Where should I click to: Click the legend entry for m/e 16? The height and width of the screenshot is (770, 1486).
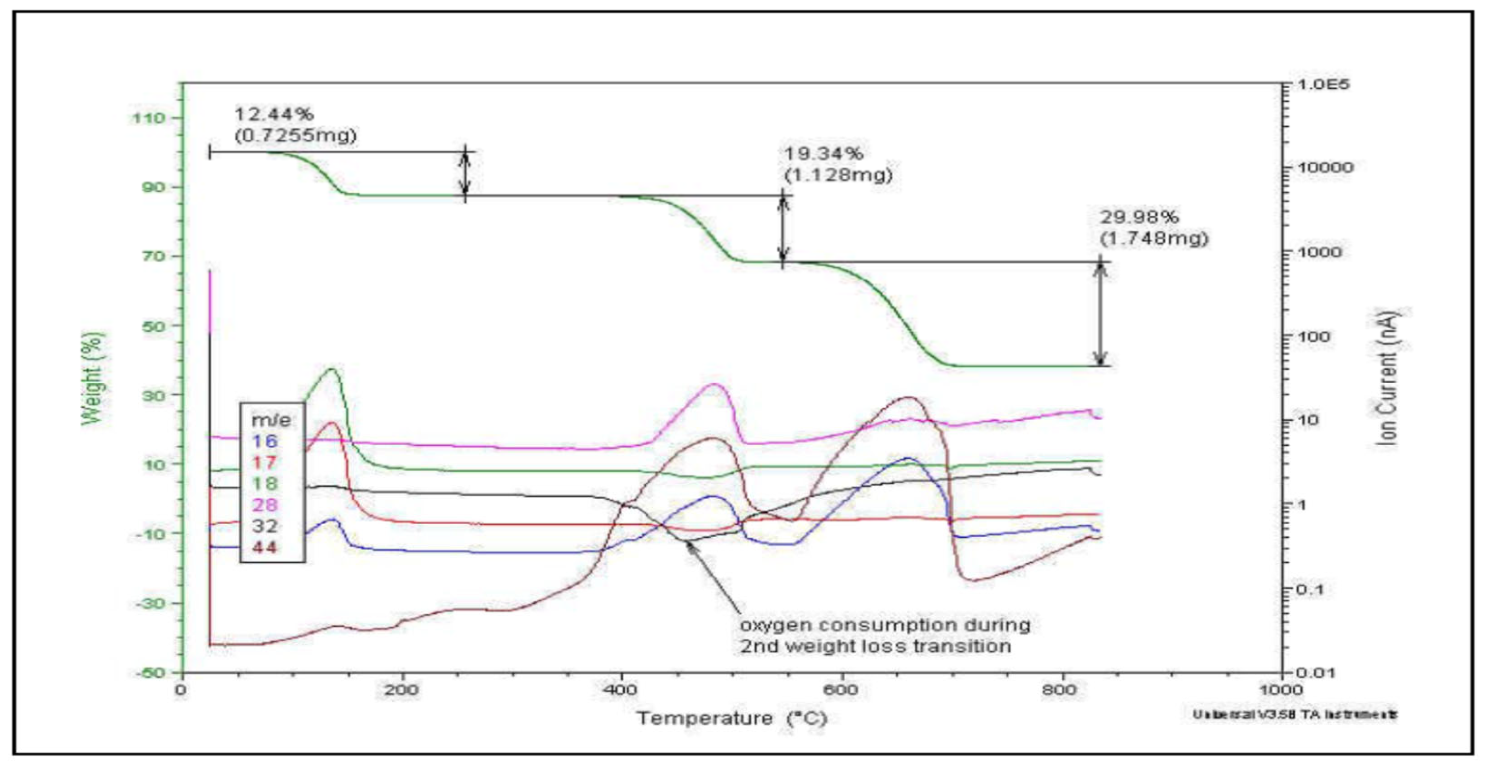tap(265, 441)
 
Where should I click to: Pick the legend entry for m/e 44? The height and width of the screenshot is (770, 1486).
tap(265, 547)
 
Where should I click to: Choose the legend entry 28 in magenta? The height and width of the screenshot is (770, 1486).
tap(265, 505)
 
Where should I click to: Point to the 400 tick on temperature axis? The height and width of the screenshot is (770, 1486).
tap(621, 690)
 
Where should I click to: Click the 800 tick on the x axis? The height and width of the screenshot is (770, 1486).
tap(1061, 690)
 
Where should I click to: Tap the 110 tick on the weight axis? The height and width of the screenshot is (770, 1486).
tap(149, 119)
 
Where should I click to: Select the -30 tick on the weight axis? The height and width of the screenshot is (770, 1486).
tap(149, 603)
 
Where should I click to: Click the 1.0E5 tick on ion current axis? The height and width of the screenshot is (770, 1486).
tap(1324, 85)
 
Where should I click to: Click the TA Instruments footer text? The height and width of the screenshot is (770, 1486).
tap(1294, 715)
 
